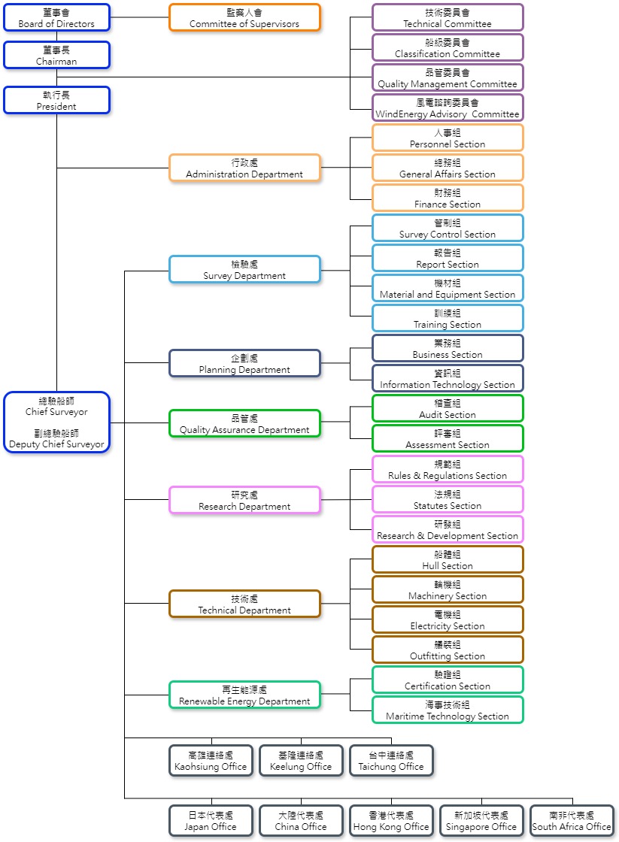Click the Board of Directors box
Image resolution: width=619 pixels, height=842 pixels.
click(x=56, y=17)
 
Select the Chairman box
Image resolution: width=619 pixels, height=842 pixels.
click(x=56, y=55)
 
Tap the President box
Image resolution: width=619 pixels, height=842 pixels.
click(x=56, y=100)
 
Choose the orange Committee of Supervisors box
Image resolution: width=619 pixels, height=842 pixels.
click(x=244, y=17)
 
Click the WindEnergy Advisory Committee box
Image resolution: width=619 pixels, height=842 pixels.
click(x=448, y=108)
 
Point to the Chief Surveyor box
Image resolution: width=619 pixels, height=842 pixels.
click(x=56, y=422)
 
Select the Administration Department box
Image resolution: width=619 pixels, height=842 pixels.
click(x=244, y=168)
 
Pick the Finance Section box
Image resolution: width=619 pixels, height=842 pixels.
click(x=448, y=198)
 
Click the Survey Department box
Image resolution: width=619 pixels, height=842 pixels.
click(x=244, y=269)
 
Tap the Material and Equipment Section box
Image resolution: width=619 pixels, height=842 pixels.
click(x=448, y=288)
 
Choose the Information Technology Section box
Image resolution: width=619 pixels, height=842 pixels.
click(x=448, y=378)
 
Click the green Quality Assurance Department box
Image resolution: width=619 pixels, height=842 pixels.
click(x=244, y=423)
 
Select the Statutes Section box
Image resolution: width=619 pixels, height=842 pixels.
click(x=448, y=499)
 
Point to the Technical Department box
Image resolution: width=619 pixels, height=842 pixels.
click(x=244, y=604)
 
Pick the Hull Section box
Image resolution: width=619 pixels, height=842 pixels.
click(x=448, y=559)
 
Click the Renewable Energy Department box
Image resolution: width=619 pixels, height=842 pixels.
click(x=244, y=695)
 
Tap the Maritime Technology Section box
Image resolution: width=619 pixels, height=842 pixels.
click(x=448, y=710)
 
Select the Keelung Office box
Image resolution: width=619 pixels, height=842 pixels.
click(x=301, y=760)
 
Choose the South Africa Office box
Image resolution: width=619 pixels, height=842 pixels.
click(x=572, y=820)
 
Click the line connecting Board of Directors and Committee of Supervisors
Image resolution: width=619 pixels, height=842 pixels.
click(x=139, y=17)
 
